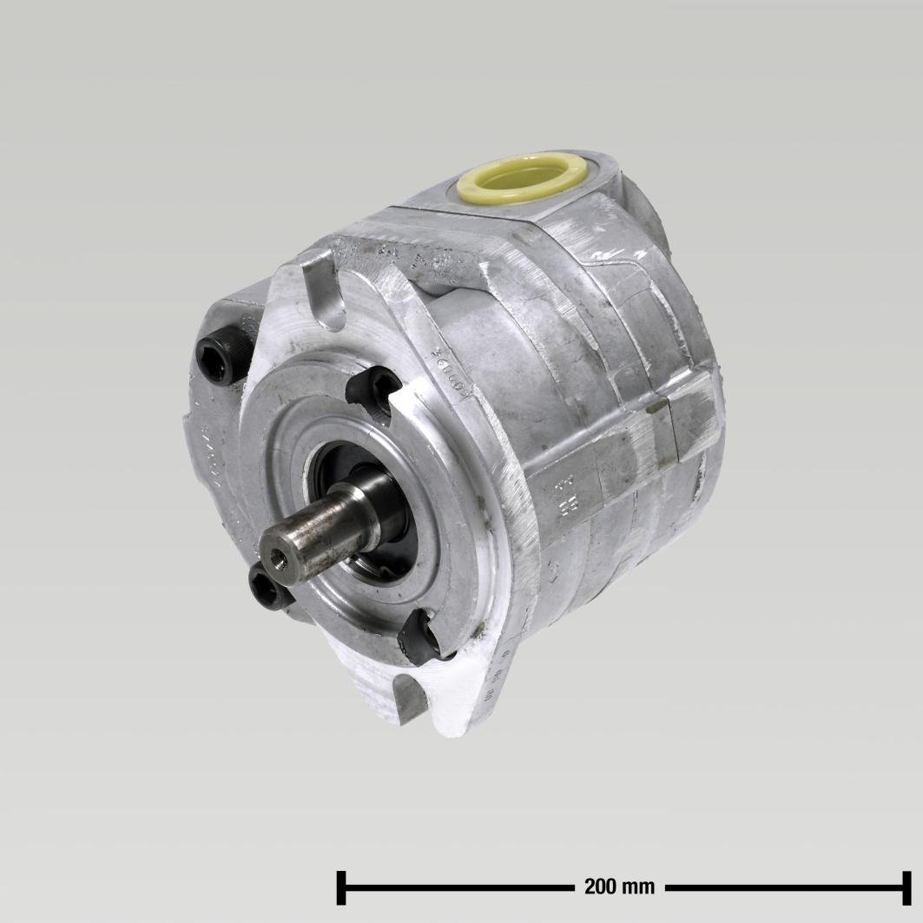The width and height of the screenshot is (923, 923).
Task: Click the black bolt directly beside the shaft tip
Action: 268,588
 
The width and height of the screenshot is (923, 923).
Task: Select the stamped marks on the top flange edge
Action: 391,254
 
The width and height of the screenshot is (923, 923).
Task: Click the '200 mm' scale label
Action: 619,887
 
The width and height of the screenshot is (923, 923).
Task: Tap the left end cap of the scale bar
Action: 342,887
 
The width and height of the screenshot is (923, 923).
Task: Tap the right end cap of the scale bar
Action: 906,887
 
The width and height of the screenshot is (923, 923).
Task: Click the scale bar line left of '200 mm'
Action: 460,887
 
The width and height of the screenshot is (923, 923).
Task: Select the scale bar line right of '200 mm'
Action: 781,887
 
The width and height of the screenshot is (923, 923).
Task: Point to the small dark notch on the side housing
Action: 657,405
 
